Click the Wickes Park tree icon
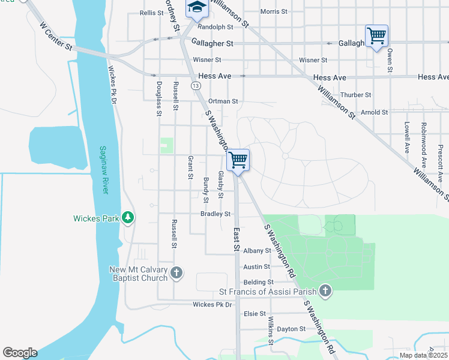127,217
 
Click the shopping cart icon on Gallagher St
376,35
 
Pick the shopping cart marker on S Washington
238,160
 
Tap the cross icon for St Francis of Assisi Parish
325,292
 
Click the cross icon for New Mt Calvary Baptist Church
176,274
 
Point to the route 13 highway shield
196,86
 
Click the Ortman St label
223,101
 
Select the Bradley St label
215,214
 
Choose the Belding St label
258,282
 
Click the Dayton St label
291,329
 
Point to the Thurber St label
356,95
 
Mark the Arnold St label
374,112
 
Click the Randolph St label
215,27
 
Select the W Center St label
56,35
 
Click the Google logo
20,353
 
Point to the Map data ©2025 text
423,355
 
